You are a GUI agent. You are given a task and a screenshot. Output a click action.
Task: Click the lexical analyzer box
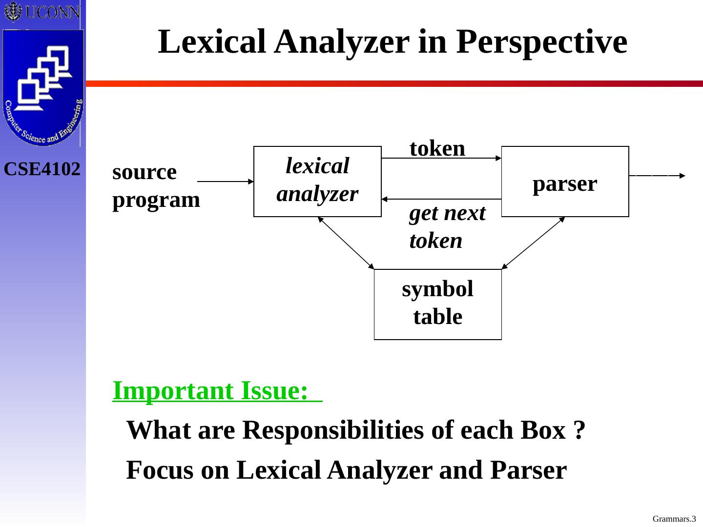[x=317, y=181]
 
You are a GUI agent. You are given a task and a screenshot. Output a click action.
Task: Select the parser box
[x=565, y=182]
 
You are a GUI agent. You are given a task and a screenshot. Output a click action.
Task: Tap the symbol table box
[x=437, y=304]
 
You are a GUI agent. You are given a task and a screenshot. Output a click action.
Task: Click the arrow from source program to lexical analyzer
[x=226, y=181]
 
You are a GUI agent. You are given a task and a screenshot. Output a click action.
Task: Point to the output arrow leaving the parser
[x=657, y=175]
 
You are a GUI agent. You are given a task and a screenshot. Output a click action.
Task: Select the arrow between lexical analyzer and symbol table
[x=346, y=243]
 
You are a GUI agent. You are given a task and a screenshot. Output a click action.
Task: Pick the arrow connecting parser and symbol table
[x=533, y=243]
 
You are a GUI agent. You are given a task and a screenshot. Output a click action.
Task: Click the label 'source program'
[x=156, y=186]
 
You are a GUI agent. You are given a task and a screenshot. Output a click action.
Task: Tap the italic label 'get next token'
[x=447, y=227]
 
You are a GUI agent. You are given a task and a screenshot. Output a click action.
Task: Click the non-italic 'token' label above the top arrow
[x=437, y=148]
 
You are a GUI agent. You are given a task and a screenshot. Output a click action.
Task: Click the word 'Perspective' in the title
[x=542, y=42]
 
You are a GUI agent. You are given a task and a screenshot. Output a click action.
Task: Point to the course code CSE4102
[x=42, y=169]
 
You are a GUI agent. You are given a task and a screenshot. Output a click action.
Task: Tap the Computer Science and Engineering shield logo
[x=42, y=88]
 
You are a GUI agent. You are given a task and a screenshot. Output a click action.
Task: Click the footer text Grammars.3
[x=674, y=519]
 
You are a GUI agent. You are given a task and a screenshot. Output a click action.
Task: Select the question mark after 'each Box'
[x=579, y=430]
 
